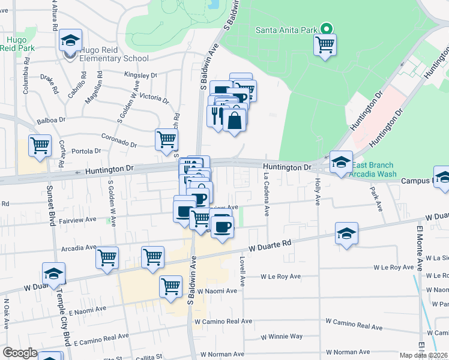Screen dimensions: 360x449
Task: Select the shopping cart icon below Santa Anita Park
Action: coord(325,44)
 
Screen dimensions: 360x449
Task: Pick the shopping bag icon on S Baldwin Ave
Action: coord(234,120)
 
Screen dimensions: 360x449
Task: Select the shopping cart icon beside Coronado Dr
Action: coord(166,139)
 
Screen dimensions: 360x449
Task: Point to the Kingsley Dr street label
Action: coord(140,76)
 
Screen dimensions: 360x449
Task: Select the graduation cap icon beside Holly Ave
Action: coord(341,161)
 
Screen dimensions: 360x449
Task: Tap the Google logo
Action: coord(20,353)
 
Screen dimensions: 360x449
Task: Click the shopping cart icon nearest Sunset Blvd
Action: coord(40,145)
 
